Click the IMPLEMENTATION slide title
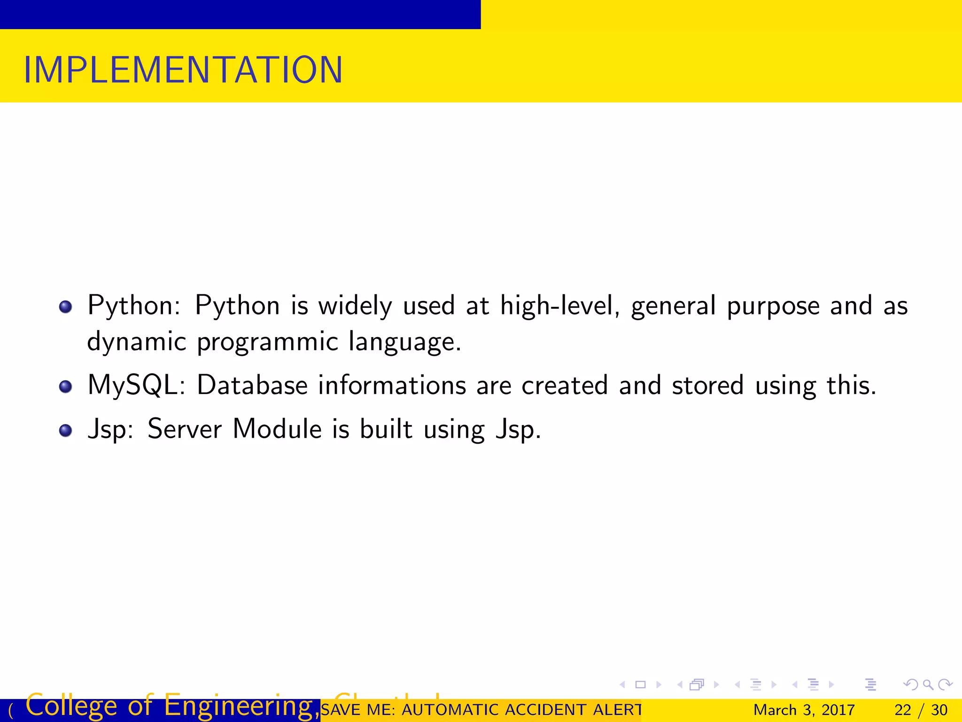coord(183,70)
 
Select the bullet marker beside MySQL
coord(66,387)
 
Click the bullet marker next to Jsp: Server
coord(66,431)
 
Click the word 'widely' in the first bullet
coord(355,306)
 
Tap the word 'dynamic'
coord(137,342)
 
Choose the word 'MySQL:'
coord(136,386)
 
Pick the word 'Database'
coord(252,385)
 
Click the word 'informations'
coord(392,385)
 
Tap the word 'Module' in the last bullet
coord(277,429)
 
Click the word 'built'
coord(386,429)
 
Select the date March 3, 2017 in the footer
coord(804,710)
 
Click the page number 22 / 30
coord(921,710)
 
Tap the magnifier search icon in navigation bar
coord(928,685)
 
